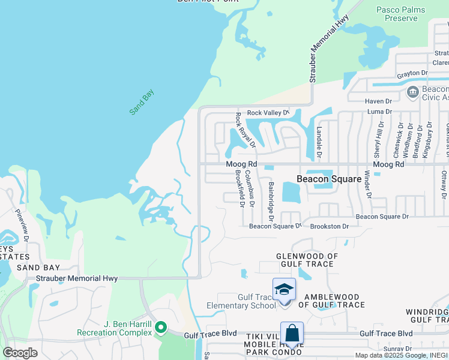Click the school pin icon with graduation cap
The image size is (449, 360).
click(284, 290)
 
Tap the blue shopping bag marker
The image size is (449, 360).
click(292, 334)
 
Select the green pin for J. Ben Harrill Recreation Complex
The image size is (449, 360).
click(160, 328)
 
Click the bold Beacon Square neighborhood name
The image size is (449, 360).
click(330, 179)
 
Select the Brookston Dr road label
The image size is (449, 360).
click(329, 226)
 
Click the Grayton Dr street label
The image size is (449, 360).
click(412, 73)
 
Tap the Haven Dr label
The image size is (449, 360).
click(378, 101)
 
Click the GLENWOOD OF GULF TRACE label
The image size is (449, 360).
click(307, 260)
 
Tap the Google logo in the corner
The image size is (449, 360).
click(20, 352)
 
